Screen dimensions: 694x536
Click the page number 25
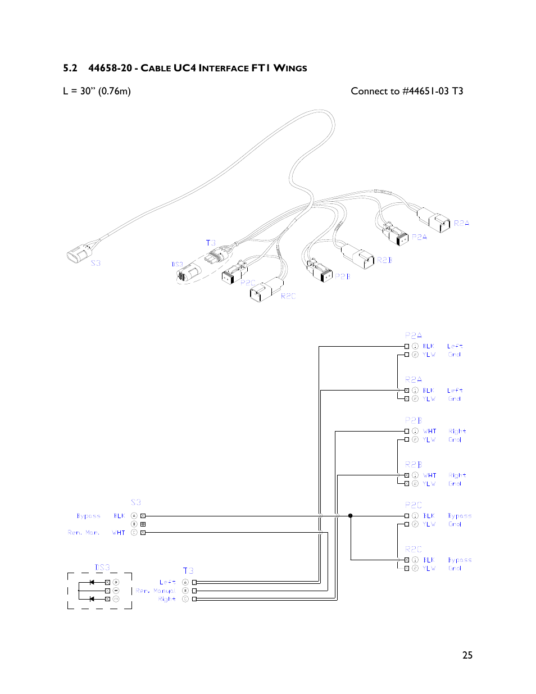[467, 655]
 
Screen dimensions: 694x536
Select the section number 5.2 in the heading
[70, 68]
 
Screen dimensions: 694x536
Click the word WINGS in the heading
[290, 68]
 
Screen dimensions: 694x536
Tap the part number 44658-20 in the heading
[110, 68]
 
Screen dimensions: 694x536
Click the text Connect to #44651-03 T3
[406, 91]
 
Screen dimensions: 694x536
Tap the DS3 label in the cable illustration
[177, 264]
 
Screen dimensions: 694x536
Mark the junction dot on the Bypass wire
[351, 515]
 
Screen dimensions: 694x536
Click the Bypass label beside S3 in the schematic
[88, 516]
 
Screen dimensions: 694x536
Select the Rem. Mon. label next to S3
[83, 533]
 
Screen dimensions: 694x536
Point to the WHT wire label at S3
[119, 533]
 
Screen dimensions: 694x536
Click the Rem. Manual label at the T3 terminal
[156, 591]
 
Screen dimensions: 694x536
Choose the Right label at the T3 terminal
[167, 599]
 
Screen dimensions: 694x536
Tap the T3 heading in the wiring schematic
[188, 570]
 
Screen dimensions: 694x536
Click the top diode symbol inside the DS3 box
[92, 582]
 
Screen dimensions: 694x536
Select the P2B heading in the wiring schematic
[413, 420]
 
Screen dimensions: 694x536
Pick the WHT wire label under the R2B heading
[430, 475]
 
